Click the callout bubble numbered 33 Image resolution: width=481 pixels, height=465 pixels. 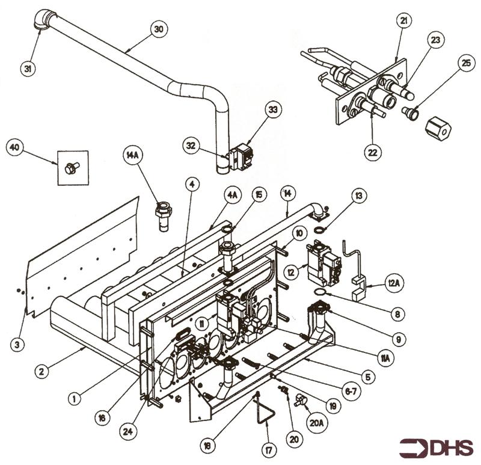[x=273, y=110]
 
